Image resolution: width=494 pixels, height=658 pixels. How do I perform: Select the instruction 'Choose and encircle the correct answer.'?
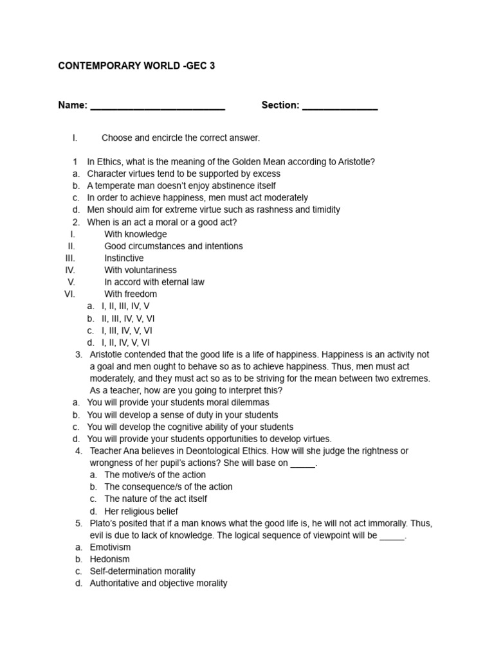pos(181,138)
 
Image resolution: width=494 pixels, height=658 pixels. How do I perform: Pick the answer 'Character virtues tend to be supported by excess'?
pos(184,173)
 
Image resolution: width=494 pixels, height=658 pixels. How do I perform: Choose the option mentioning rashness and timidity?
pos(214,209)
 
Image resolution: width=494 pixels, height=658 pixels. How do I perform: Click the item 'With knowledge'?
pos(135,234)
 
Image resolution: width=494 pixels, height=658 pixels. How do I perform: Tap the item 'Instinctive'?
pos(124,258)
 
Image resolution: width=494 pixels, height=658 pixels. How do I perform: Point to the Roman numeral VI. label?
pos(70,294)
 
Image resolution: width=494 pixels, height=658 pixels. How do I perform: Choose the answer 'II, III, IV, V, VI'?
pos(128,319)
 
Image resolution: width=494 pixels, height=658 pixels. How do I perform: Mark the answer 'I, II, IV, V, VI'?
pos(126,342)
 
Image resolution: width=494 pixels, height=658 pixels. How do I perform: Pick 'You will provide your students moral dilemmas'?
pos(178,403)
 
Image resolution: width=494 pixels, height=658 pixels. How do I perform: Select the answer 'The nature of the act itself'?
pos(156,499)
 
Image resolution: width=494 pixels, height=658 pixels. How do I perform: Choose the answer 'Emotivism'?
pos(110,547)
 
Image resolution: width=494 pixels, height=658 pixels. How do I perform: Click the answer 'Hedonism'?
pos(109,559)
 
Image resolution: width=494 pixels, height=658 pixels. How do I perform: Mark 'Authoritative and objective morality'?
pos(158,583)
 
